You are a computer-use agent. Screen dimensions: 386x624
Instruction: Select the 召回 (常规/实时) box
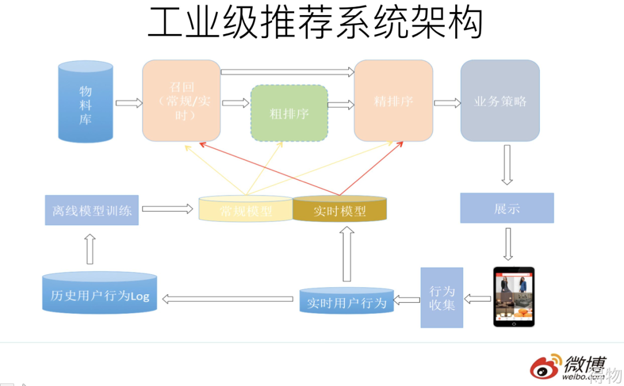tap(181, 101)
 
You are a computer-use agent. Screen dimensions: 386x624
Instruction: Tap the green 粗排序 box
tap(289, 114)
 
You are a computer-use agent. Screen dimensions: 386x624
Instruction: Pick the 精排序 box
tap(393, 101)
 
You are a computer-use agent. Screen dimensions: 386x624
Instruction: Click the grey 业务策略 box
tap(500, 101)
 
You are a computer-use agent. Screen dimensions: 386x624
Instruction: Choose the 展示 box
tap(507, 208)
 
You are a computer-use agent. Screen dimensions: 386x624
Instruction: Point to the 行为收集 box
tap(441, 297)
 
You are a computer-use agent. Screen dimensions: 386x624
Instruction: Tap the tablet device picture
tap(514, 296)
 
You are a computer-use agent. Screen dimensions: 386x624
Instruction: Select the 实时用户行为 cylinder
tap(347, 301)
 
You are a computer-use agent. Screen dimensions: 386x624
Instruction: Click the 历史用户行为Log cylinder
tap(100, 294)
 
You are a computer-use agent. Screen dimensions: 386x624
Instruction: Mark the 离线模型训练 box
tap(92, 210)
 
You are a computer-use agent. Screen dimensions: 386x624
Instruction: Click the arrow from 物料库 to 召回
tap(128, 103)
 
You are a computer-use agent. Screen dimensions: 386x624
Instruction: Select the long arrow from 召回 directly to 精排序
tap(287, 72)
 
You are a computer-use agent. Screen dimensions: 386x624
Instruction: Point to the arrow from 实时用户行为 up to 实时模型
tap(346, 254)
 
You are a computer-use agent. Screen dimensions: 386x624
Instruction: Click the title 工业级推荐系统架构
tap(315, 23)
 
